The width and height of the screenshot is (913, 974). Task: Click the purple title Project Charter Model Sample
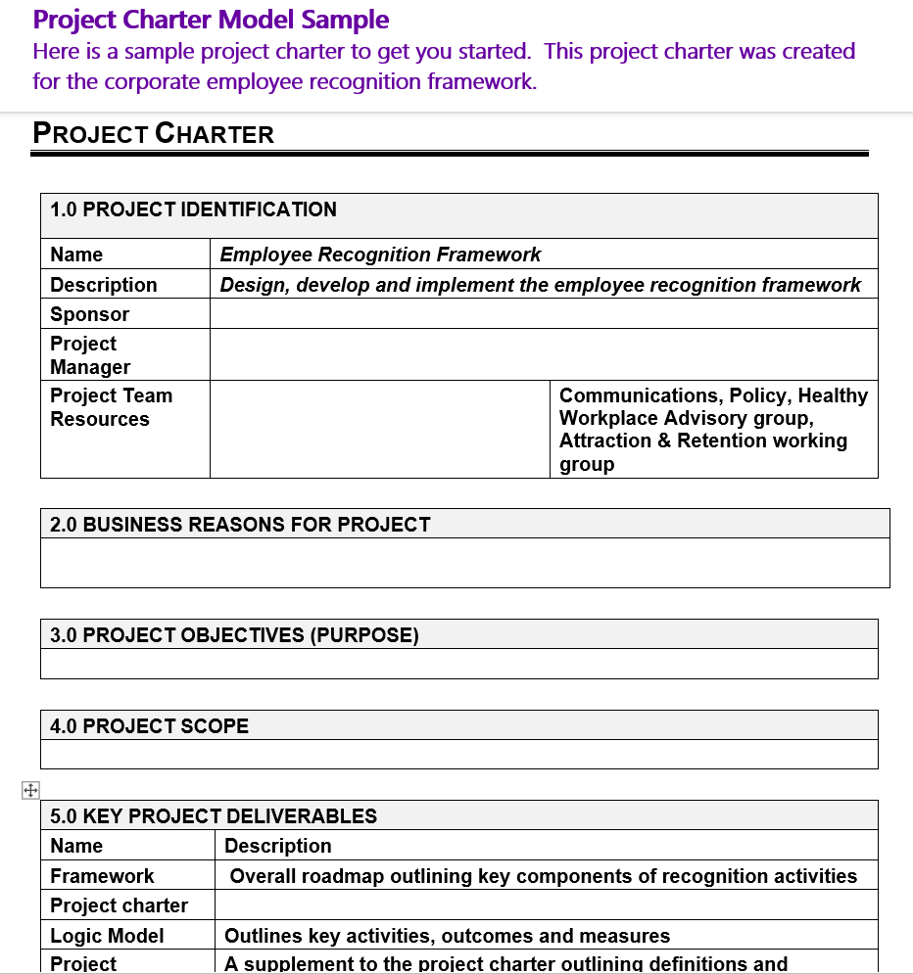coord(211,20)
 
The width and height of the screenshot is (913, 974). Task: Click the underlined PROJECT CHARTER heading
coord(154,134)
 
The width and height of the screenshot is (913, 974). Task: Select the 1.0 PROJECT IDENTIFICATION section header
coord(193,209)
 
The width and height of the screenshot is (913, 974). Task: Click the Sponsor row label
coord(90,314)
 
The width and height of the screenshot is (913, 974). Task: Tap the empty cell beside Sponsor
coord(544,314)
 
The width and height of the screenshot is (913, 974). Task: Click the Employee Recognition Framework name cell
coord(380,255)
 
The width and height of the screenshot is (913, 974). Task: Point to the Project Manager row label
coord(90,355)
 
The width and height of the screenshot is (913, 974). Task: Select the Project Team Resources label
coord(111,407)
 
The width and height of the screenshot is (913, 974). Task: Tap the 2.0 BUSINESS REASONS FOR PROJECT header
coord(240,525)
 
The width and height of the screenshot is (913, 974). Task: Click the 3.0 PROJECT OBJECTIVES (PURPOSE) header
coord(234,635)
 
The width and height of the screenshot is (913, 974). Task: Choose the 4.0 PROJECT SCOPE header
coord(149,726)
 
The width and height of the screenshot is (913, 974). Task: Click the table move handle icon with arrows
coord(29,791)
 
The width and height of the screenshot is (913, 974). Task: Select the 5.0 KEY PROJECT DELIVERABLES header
coord(214,816)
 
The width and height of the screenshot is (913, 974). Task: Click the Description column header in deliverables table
coord(278,846)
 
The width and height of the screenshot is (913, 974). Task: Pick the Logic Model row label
coord(107,936)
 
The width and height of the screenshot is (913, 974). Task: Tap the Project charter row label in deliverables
coord(119,905)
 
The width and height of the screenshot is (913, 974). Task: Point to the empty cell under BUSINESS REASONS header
coord(464,564)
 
